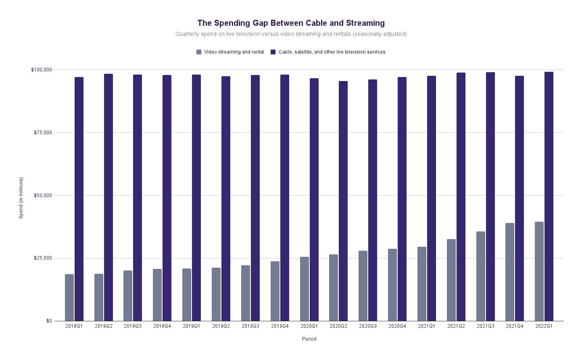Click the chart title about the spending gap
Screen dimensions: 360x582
tap(291, 23)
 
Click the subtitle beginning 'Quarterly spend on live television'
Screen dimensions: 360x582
tap(291, 34)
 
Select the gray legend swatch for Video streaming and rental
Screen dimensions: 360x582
tap(199, 52)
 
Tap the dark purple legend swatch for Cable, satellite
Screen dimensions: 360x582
tap(273, 52)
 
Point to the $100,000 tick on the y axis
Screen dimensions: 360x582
tap(42, 70)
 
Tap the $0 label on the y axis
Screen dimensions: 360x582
tap(49, 321)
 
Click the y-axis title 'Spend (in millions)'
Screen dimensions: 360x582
tap(21, 198)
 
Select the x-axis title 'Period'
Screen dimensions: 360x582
tap(309, 339)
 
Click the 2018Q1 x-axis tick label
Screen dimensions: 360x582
tap(74, 326)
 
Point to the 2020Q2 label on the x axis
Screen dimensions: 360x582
tap(338, 326)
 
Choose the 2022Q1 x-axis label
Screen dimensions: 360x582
tap(544, 326)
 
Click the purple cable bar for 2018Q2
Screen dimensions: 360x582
tap(108, 198)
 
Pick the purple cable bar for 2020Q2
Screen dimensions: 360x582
tap(343, 201)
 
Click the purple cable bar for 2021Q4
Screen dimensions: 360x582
tap(519, 198)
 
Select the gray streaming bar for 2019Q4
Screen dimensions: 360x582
tap(275, 291)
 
